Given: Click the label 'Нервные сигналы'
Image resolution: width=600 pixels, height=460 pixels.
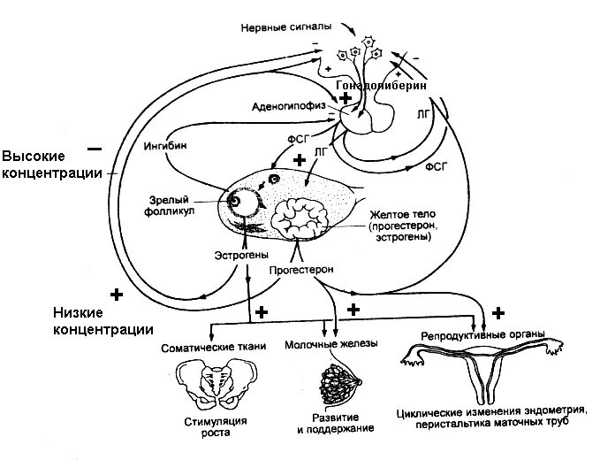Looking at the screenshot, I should (x=279, y=26).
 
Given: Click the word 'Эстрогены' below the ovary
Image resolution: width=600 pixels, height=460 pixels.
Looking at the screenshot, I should (x=240, y=255).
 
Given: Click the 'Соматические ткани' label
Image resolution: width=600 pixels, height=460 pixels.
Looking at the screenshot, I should (x=212, y=348).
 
